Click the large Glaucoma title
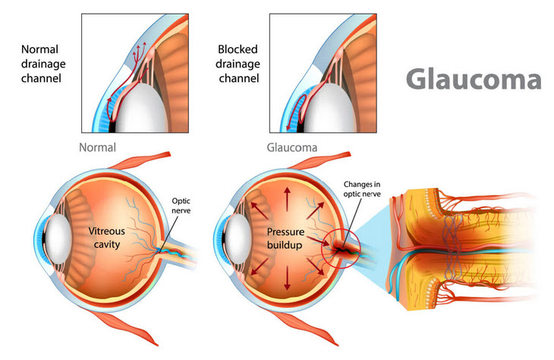474,78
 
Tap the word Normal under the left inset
97,147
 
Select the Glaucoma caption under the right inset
292,147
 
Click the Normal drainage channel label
43,64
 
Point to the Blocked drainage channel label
238,64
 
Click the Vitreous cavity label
107,238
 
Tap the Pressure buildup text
285,238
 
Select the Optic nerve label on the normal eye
181,206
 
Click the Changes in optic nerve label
362,189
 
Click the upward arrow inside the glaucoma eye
287,199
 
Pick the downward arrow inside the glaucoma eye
287,278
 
